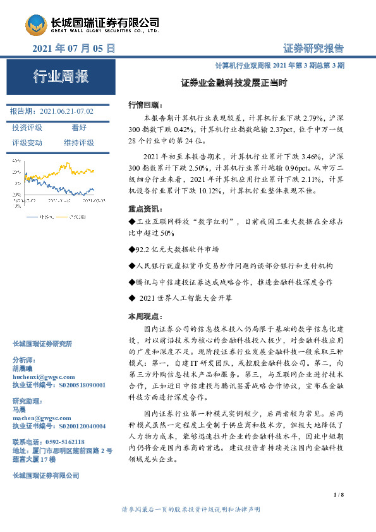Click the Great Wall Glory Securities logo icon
pos(36,26)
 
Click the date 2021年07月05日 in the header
pos(73,48)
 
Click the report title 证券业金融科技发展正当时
pos(234,82)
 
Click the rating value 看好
pos(79,128)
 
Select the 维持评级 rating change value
pos(79,143)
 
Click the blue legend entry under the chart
pos(75,217)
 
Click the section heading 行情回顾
pos(145,104)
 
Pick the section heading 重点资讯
pos(145,209)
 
